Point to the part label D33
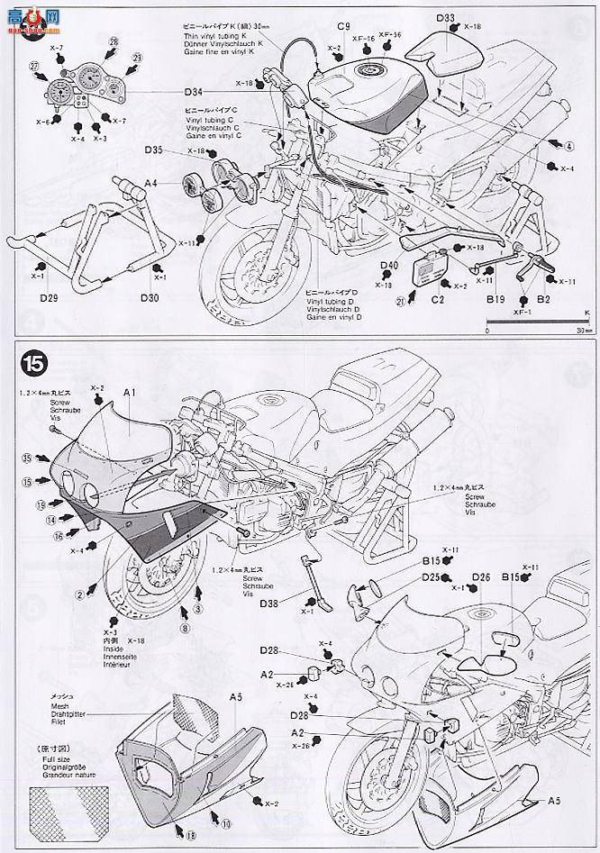[445, 18]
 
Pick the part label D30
[150, 296]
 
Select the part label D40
[388, 265]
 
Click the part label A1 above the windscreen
[128, 393]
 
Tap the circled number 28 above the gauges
[113, 42]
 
